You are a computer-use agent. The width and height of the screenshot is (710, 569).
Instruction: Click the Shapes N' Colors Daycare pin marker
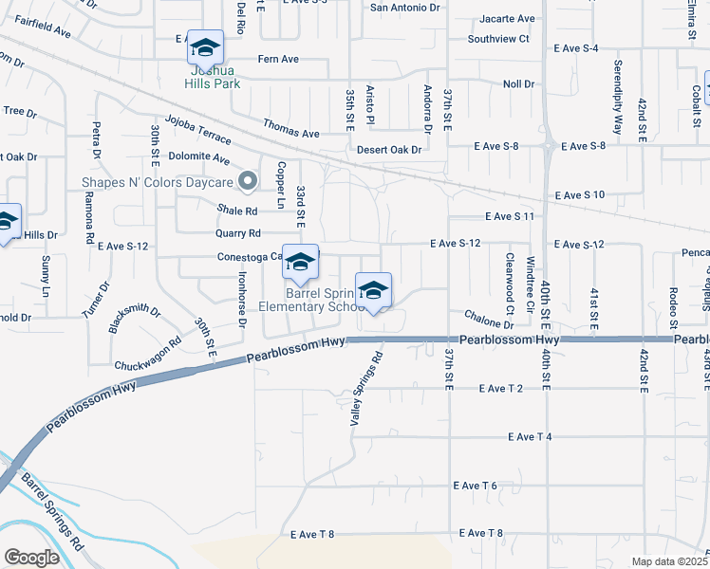pyautogui.click(x=249, y=179)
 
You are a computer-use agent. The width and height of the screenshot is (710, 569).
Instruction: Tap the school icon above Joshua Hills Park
pyautogui.click(x=205, y=46)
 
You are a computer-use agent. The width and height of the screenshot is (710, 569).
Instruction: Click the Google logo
pyautogui.click(x=31, y=558)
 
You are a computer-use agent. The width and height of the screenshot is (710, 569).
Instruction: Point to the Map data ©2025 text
pyautogui.click(x=669, y=561)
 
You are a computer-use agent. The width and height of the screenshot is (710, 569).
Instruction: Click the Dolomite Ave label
pyautogui.click(x=199, y=158)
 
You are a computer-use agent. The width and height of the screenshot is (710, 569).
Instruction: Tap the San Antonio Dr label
pyautogui.click(x=406, y=8)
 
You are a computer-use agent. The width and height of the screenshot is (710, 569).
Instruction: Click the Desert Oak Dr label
pyautogui.click(x=389, y=148)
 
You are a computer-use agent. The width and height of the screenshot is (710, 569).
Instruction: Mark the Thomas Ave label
pyautogui.click(x=290, y=134)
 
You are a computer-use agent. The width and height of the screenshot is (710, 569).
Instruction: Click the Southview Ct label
pyautogui.click(x=497, y=39)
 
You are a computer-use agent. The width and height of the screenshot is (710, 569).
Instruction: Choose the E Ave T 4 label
pyautogui.click(x=530, y=436)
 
